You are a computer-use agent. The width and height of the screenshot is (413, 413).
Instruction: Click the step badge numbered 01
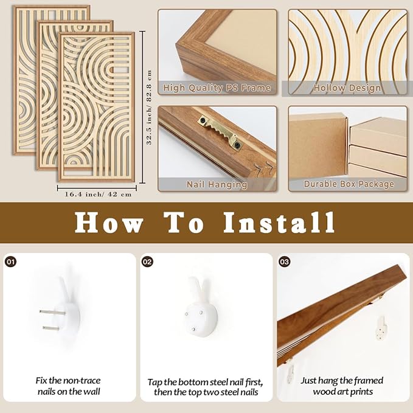click(10, 262)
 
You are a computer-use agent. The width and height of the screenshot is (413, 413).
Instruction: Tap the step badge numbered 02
click(147, 262)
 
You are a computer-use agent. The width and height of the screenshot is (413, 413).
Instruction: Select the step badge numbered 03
click(285, 262)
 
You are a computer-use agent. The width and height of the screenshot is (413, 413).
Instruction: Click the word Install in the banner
click(279, 223)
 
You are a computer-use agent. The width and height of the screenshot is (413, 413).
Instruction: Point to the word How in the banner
click(109, 223)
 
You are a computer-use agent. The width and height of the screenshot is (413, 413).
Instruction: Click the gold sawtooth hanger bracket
click(220, 133)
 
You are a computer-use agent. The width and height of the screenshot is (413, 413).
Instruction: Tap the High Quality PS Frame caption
click(217, 88)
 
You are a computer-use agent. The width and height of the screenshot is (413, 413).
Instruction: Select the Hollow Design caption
click(347, 88)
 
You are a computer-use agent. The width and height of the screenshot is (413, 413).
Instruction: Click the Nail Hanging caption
click(217, 184)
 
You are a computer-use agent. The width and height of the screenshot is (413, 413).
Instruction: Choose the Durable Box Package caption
click(349, 184)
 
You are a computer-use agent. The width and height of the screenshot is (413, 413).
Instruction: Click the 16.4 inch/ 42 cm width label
click(98, 195)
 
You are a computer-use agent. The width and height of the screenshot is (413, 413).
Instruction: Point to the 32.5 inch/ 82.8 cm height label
click(149, 107)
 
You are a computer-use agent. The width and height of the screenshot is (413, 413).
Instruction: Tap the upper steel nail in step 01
click(52, 313)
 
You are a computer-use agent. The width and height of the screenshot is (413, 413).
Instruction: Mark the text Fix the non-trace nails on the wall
click(69, 386)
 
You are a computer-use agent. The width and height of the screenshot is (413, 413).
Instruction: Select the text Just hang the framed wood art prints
click(342, 386)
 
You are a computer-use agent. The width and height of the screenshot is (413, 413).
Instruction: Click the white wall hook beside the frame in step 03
click(381, 328)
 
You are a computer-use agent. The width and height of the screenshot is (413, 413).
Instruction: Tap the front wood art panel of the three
click(96, 107)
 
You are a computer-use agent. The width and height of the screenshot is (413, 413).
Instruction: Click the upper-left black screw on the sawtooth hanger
click(203, 120)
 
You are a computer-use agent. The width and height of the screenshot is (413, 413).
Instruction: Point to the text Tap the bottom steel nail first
click(205, 382)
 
